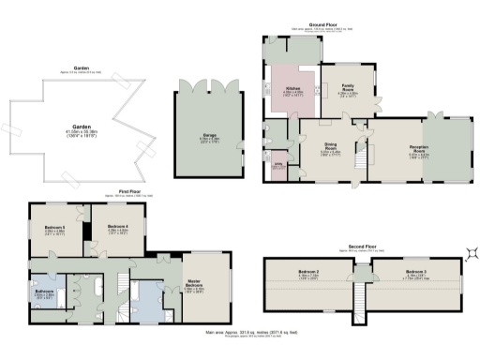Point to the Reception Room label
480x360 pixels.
tap(417, 147)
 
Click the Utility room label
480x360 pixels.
tap(277, 164)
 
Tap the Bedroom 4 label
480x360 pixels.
tap(117, 227)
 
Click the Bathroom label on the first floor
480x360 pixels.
tap(44, 292)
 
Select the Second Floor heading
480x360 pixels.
tap(362, 247)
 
